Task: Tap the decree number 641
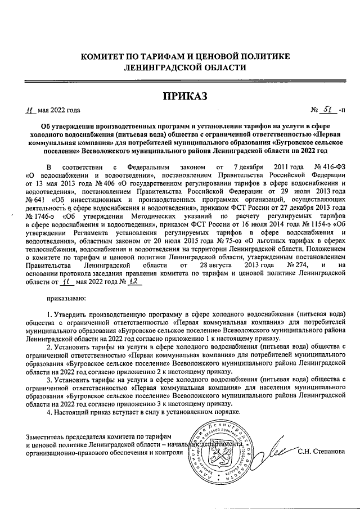click(35, 200)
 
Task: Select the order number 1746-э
click(38, 215)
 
